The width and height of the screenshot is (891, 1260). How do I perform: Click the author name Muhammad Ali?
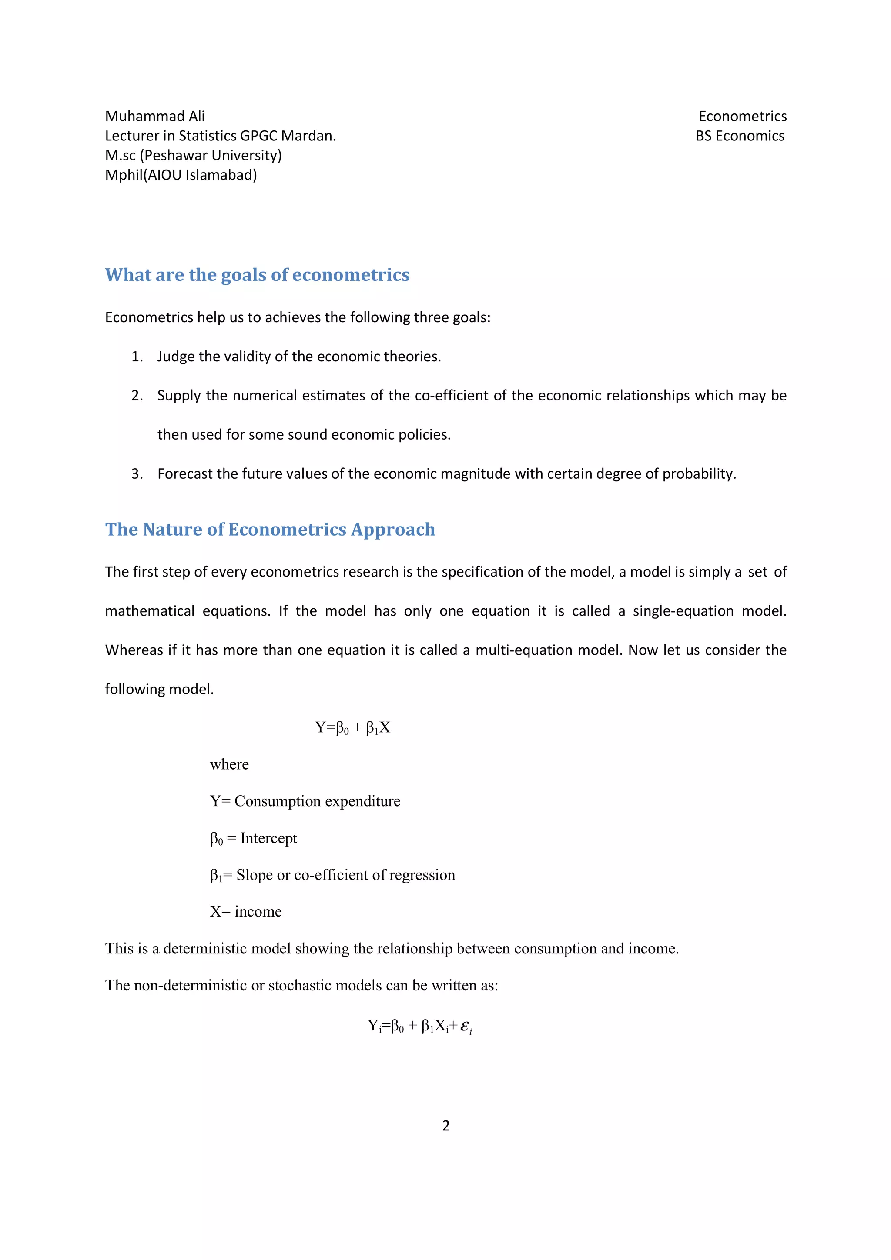tap(154, 117)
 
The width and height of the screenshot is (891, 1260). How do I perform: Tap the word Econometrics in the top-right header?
tap(742, 117)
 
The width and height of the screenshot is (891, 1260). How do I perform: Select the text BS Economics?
tap(740, 136)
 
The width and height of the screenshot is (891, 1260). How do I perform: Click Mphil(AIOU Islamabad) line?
tap(181, 175)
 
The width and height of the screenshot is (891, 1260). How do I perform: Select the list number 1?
tap(136, 357)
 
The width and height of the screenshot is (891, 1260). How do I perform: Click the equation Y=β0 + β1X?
tap(352, 728)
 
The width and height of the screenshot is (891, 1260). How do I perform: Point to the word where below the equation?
tap(229, 764)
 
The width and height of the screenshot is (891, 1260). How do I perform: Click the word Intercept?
tap(268, 838)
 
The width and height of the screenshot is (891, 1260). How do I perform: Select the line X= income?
tap(245, 912)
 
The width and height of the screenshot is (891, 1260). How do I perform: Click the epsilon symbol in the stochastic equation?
tap(465, 1026)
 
